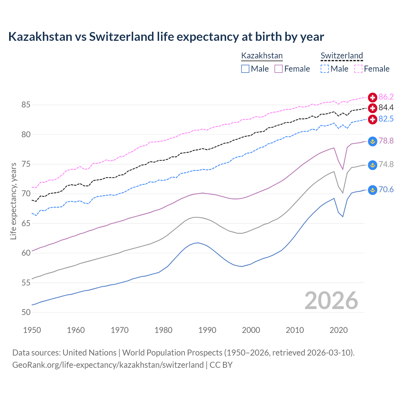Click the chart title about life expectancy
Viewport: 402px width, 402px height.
[166, 37]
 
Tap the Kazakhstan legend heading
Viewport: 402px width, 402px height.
[262, 56]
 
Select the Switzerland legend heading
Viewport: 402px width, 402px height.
[342, 56]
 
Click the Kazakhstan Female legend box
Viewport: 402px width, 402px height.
[279, 69]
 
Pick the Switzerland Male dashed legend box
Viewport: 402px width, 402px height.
[325, 69]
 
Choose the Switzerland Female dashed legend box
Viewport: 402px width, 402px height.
[358, 69]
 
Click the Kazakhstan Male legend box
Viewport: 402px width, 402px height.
[245, 69]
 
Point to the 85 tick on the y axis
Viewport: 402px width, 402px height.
[26, 105]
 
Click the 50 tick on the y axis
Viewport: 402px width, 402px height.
[26, 312]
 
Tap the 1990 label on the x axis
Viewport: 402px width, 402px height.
[207, 330]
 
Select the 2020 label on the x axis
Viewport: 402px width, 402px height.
[339, 330]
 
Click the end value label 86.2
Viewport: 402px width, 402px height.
[386, 97]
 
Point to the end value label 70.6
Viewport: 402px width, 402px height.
[386, 190]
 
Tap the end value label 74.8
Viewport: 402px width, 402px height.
[386, 164]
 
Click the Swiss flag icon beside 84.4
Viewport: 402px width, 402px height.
[372, 108]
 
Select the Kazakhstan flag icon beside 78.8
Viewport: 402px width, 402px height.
[372, 141]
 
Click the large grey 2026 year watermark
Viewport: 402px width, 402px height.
[331, 301]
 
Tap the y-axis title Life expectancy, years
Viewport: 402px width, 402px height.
[14, 201]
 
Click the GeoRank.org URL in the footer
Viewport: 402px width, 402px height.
[108, 365]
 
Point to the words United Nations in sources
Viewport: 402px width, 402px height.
[90, 353]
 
